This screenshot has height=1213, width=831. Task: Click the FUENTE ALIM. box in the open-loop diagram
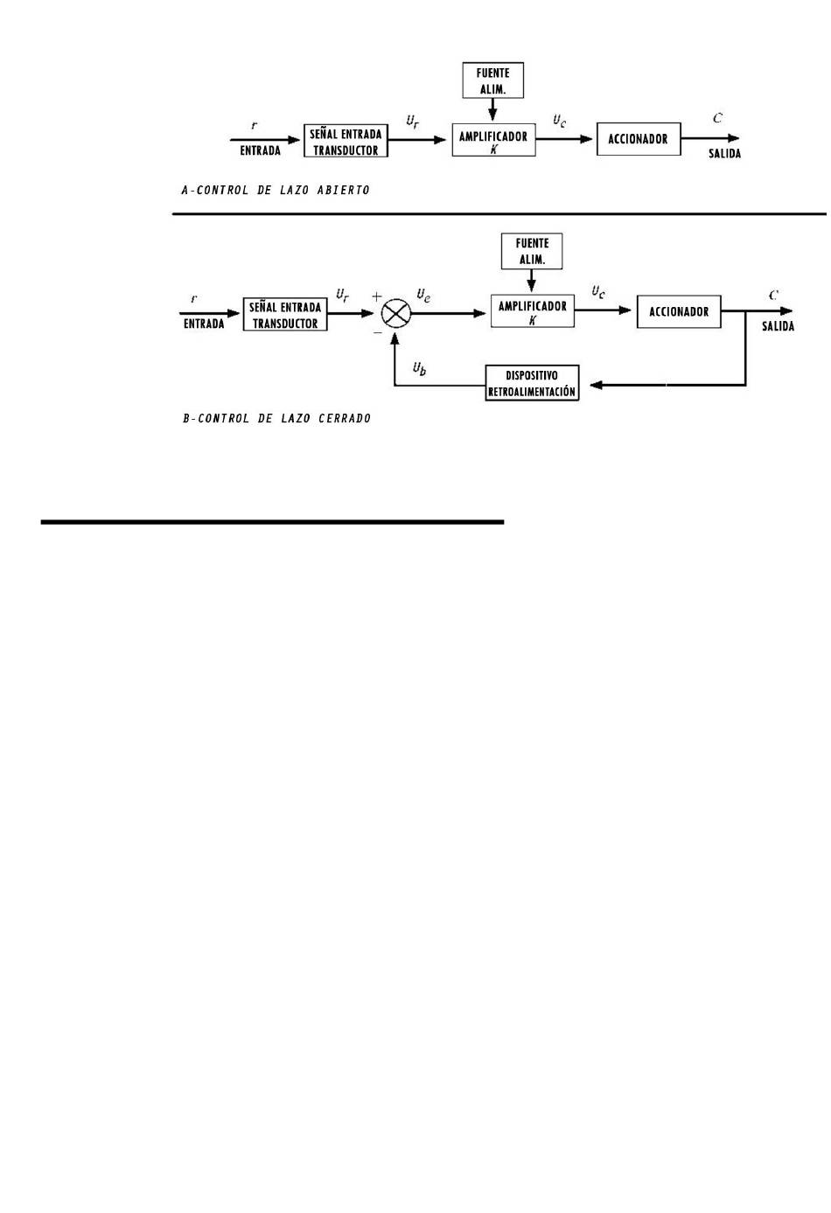click(493, 80)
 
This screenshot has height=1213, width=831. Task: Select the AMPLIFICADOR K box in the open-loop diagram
click(493, 140)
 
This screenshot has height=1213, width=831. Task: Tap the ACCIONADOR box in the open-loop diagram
click(639, 139)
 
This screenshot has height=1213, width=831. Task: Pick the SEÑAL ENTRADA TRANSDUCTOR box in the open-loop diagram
click(346, 141)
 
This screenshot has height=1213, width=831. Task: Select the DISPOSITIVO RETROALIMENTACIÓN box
click(532, 383)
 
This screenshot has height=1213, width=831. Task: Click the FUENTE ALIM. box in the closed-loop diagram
click(532, 251)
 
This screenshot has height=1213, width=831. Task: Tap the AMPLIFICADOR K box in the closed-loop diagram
click(532, 311)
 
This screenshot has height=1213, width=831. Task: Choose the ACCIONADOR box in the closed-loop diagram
click(679, 311)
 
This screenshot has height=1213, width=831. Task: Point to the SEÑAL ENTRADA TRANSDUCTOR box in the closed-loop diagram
click(285, 315)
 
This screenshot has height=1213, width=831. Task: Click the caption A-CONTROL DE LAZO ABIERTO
click(275, 190)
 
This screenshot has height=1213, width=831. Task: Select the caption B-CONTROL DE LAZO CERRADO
click(276, 419)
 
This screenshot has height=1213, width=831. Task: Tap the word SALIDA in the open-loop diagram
click(724, 154)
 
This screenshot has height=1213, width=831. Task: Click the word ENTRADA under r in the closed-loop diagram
click(204, 324)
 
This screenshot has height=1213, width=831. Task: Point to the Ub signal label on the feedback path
click(420, 369)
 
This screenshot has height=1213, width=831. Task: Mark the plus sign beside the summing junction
click(377, 297)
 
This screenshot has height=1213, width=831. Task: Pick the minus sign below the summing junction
click(378, 333)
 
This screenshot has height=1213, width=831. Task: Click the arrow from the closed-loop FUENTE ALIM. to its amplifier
click(532, 282)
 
